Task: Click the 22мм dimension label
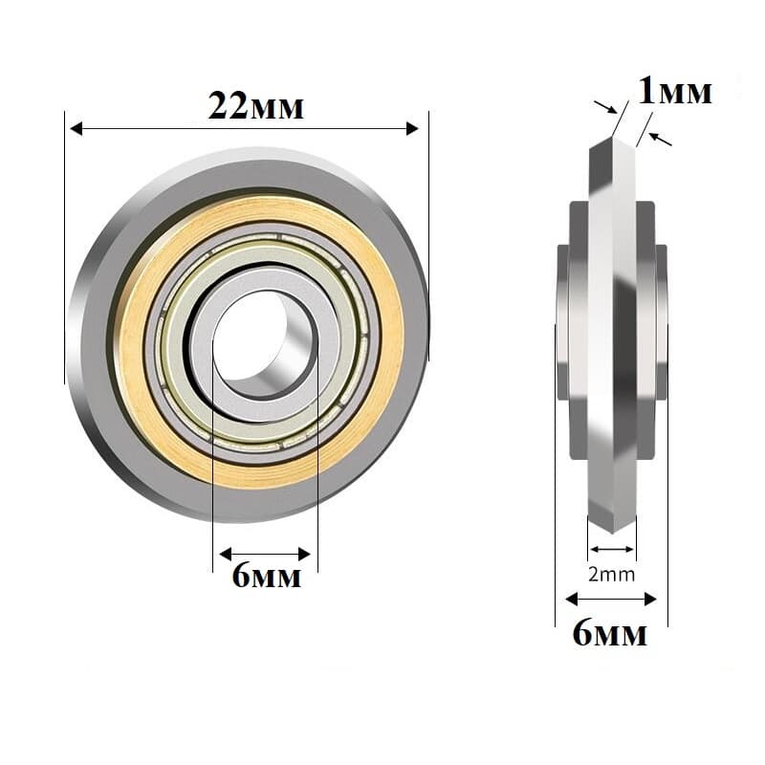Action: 255,106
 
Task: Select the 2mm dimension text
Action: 611,575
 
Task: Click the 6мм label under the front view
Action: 267,576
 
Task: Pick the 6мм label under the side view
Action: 610,633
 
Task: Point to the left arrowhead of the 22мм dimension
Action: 76,129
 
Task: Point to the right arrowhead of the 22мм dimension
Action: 413,129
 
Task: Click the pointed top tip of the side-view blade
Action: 612,138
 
